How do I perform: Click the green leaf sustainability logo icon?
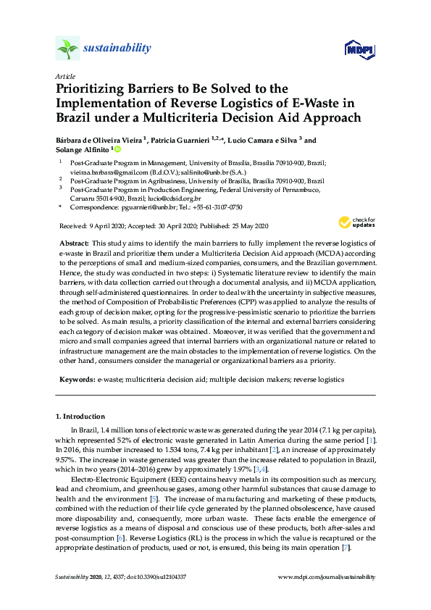point(68,49)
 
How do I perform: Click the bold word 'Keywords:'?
point(76,379)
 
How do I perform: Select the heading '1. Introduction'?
point(80,417)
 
